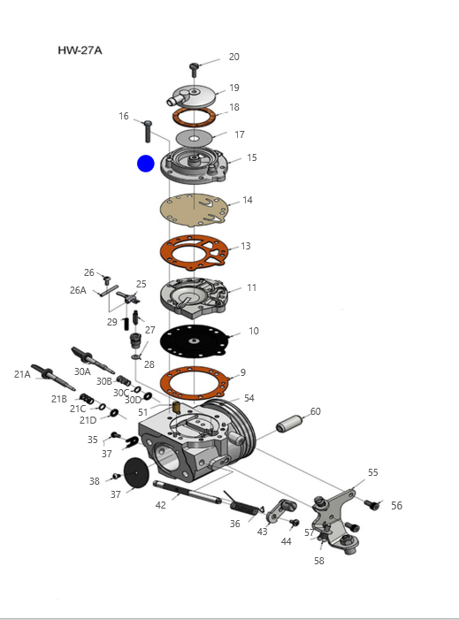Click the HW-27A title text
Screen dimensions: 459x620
tap(80, 50)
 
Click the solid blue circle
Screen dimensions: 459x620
tap(146, 164)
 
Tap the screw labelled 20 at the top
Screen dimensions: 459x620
tap(194, 70)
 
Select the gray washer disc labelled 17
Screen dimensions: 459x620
tap(194, 138)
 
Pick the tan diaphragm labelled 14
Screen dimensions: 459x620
tap(194, 210)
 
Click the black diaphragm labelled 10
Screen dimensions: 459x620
tap(194, 341)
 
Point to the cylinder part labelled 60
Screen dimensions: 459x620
tap(289, 423)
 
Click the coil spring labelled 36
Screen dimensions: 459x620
tap(242, 504)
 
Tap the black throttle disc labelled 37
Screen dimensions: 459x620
tap(136, 472)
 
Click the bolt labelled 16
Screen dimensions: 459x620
tap(148, 131)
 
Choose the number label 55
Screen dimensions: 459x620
tap(373, 472)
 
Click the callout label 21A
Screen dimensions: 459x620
tap(22, 374)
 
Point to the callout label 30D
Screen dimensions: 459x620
tap(133, 400)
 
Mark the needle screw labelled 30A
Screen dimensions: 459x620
tap(93, 360)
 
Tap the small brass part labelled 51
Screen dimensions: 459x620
tap(177, 407)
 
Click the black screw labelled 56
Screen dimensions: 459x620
tap(371, 504)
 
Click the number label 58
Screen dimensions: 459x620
tap(319, 561)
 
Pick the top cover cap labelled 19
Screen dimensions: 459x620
tap(194, 96)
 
